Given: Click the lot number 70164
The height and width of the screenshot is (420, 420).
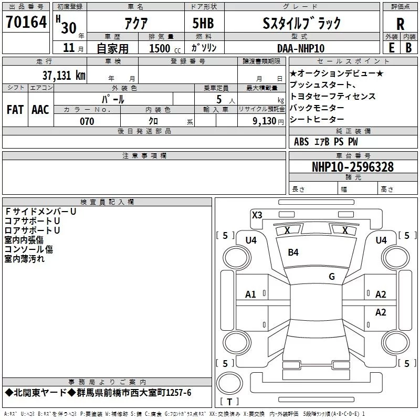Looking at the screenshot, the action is click(x=26, y=22).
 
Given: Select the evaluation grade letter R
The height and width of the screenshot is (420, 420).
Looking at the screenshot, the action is click(x=400, y=23).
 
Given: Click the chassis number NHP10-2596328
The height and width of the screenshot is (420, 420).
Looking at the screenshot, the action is click(x=352, y=167).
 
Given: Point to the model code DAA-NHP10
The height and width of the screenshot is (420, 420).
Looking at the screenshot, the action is click(x=301, y=48).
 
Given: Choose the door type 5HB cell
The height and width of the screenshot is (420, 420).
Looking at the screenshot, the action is click(x=203, y=23).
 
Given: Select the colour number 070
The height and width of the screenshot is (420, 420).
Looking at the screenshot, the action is click(x=87, y=121).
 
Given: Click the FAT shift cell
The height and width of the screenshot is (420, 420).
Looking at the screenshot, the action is click(x=15, y=110).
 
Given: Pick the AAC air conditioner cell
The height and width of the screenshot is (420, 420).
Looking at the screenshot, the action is click(x=40, y=110).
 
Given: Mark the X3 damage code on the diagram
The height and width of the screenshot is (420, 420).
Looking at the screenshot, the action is click(x=257, y=215).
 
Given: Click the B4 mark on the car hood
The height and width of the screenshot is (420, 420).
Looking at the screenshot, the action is click(x=293, y=253).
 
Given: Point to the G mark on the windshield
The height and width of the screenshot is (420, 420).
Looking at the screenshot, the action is click(x=331, y=277).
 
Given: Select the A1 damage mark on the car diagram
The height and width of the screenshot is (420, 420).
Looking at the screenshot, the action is click(x=250, y=295).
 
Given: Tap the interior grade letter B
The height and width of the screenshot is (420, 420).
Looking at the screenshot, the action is click(x=408, y=48).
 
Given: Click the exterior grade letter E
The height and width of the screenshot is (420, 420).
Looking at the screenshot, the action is click(x=391, y=48).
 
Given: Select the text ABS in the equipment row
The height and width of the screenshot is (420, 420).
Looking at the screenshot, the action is click(x=301, y=141).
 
